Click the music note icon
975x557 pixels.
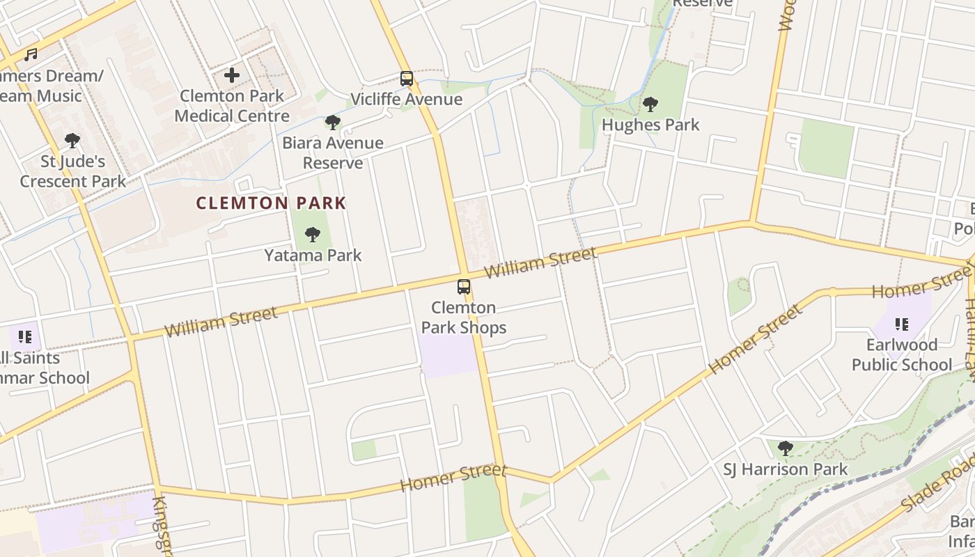(30, 54)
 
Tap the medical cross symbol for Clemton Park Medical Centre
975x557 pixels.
(232, 74)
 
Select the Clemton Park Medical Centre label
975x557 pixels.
(232, 106)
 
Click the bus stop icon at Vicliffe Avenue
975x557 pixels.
(407, 79)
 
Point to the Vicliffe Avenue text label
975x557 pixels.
(406, 99)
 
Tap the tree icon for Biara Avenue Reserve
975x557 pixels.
(333, 123)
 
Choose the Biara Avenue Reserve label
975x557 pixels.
(333, 152)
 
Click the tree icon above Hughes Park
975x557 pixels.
(650, 104)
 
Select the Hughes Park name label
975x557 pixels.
(650, 125)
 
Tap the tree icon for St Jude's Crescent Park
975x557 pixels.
(72, 141)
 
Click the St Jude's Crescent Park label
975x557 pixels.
(72, 171)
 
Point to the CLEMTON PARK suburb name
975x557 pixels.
(271, 203)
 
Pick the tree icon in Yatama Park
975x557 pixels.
(313, 235)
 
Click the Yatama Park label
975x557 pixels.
(313, 255)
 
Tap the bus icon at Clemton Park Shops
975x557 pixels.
(464, 287)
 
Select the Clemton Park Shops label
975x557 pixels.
(464, 317)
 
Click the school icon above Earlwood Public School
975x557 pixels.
(902, 324)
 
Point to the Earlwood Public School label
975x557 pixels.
(902, 354)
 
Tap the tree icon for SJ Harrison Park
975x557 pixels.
(786, 448)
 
